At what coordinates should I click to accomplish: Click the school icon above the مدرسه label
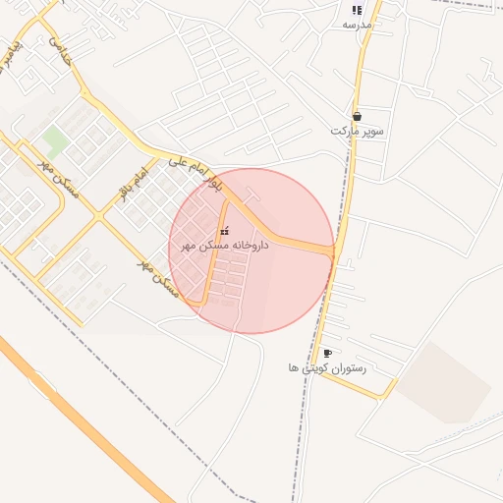coord(357,10)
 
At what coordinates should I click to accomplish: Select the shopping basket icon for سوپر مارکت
coord(357,115)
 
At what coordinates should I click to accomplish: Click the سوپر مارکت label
coord(357,130)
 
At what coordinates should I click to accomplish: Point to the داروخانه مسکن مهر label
coord(225,246)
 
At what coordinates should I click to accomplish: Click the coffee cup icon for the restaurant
coord(327,353)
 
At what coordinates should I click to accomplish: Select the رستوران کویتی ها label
coord(327,367)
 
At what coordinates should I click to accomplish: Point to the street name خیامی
coord(60,51)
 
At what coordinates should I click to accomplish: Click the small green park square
coord(56,140)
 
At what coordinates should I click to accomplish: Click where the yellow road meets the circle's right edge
coord(334,251)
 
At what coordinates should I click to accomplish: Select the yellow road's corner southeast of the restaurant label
coord(384,397)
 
